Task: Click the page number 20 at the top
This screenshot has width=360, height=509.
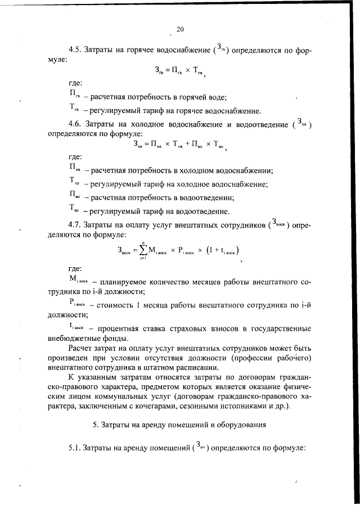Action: click(180, 30)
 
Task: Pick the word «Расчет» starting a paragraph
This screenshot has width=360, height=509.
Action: click(82, 350)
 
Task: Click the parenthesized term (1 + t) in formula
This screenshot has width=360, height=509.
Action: click(219, 250)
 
